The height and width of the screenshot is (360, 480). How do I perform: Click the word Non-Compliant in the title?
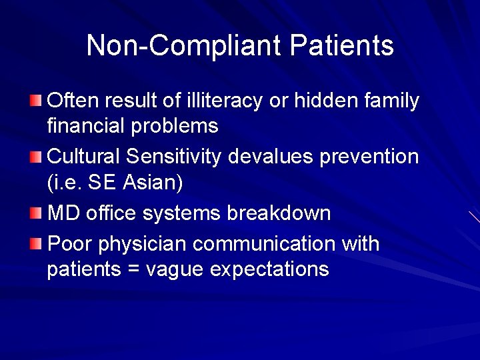coord(184,46)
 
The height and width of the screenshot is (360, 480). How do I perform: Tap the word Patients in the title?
coord(341,46)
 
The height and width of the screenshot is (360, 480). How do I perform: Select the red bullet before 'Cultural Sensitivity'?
coord(35,157)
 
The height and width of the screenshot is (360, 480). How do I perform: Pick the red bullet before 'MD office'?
coord(35,213)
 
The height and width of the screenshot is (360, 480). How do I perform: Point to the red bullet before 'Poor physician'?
coord(35,244)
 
